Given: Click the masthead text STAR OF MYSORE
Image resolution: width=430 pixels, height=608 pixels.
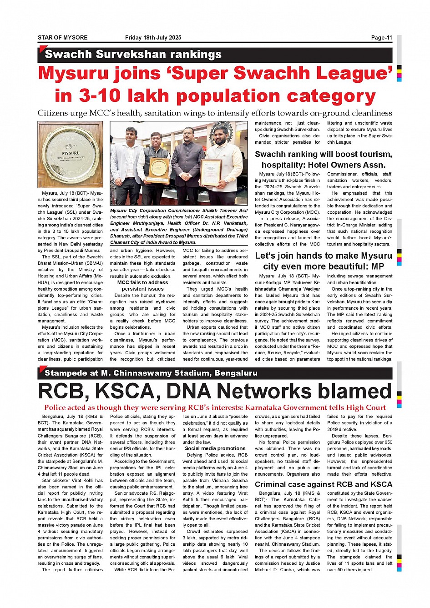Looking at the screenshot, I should click(x=62, y=38).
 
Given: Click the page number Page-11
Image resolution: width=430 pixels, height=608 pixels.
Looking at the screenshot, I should click(x=381, y=38).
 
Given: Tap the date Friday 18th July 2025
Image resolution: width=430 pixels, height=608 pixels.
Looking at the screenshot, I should click(x=153, y=38).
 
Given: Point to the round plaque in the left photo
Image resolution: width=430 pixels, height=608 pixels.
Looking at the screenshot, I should click(x=70, y=155).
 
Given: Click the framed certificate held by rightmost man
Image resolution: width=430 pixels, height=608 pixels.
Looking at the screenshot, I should click(x=211, y=172).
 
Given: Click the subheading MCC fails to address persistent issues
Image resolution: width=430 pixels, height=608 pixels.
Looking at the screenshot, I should click(x=142, y=286).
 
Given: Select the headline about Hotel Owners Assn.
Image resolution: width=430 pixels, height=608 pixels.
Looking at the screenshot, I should click(x=323, y=160).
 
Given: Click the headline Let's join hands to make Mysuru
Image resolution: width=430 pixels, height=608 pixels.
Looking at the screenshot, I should click(x=323, y=261).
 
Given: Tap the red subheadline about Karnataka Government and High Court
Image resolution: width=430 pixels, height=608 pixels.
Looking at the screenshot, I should click(x=215, y=408).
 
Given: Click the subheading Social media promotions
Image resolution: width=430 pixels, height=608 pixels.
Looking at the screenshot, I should click(x=215, y=448).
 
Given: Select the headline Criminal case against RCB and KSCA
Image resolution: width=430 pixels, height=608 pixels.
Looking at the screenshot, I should click(x=323, y=484).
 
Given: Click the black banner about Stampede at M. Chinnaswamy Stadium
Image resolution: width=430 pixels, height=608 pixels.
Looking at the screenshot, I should click(x=151, y=373).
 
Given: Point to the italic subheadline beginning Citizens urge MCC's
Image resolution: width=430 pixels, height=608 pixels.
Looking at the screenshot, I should click(x=215, y=113).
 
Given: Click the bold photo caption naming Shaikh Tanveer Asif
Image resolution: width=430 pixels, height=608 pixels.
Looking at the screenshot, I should click(x=179, y=226).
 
